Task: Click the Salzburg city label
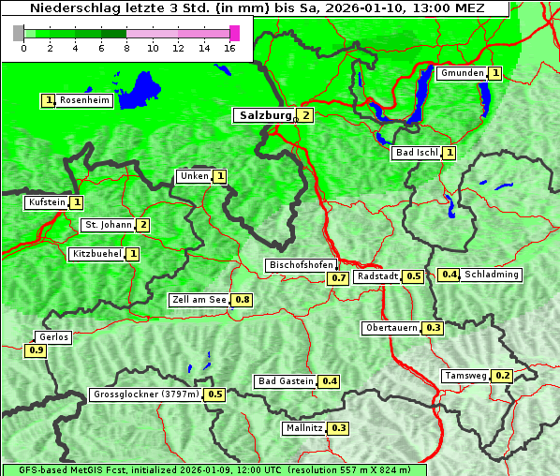coord(265,115)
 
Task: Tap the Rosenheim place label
coord(83,100)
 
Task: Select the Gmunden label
coord(462,73)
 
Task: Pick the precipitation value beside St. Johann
coord(142,225)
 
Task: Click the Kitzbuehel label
coord(96,253)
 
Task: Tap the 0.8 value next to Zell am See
coord(242,300)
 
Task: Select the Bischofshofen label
coord(301,266)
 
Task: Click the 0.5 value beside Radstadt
coord(413,276)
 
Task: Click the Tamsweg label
coord(465,376)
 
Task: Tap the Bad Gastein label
coord(286,381)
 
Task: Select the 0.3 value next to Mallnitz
coord(338,428)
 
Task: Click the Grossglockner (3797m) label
coord(146,394)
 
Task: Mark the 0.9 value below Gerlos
coord(37,350)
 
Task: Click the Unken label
coord(194,176)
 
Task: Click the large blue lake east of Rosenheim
coord(140,89)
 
